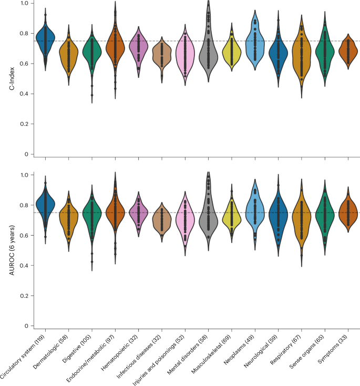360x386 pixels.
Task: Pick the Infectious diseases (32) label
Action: (x=142, y=360)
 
